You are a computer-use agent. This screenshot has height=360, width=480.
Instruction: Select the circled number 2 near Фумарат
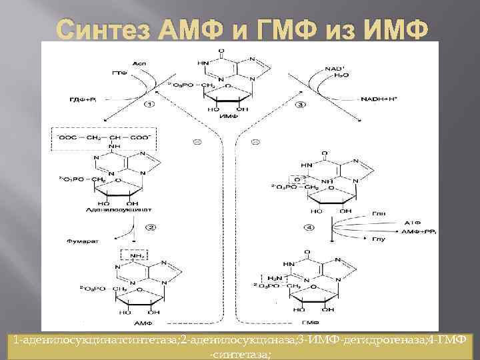[x=152, y=227]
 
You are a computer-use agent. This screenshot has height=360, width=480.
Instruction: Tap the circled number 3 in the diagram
[x=301, y=105]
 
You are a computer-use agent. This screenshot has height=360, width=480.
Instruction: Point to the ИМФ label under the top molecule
[x=226, y=117]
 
